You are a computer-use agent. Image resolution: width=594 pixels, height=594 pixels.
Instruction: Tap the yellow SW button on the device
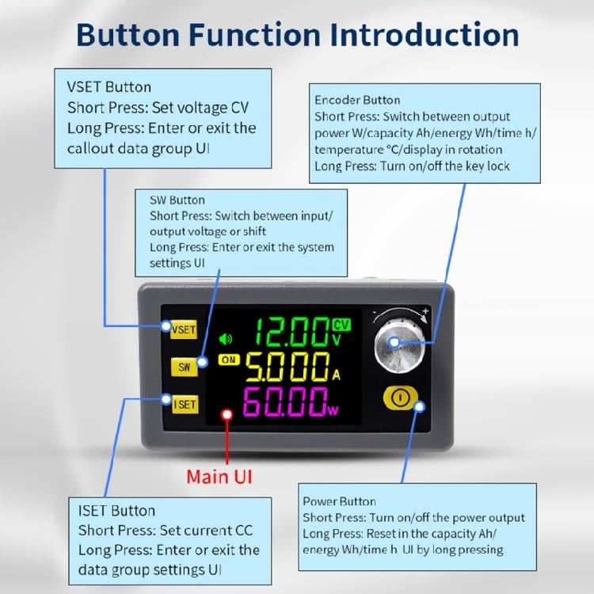(x=184, y=366)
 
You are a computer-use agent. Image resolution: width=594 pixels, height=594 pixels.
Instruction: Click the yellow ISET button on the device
(x=184, y=404)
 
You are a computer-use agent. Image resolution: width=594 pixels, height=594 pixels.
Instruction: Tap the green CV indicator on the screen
(x=341, y=324)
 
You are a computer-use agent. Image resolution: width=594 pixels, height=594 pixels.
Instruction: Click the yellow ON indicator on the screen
(x=230, y=360)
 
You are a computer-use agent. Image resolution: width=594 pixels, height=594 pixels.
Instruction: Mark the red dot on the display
(x=227, y=413)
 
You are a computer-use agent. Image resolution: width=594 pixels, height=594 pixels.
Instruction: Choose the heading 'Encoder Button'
(x=357, y=100)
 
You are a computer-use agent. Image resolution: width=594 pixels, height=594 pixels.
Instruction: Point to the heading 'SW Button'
(x=177, y=200)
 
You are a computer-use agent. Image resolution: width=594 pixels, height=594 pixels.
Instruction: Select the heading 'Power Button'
(x=340, y=501)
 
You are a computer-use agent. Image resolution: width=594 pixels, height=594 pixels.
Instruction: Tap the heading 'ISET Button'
(x=116, y=511)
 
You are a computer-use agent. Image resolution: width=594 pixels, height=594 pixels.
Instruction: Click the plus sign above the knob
(x=425, y=311)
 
